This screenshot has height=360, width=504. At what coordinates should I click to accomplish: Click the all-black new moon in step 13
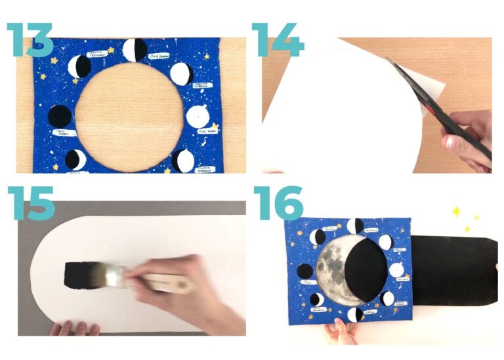pos(60,117)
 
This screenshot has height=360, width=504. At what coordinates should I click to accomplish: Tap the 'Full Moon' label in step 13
pos(207,131)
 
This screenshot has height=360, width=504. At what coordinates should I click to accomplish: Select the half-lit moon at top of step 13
pos(135,50)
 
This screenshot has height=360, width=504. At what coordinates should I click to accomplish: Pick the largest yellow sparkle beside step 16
pos(457,212)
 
